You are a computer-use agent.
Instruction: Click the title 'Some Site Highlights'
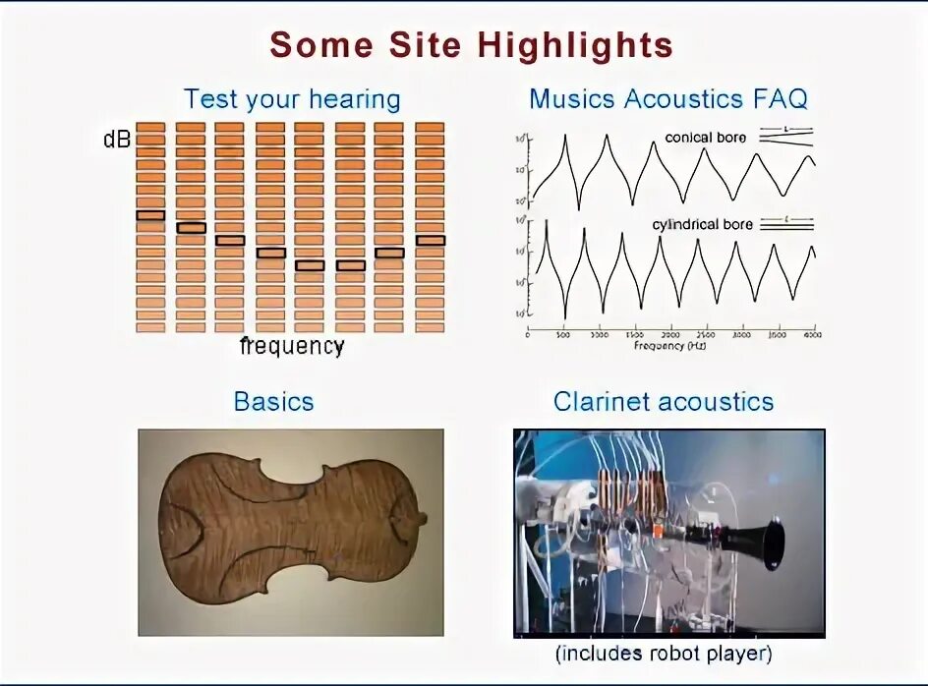click(471, 45)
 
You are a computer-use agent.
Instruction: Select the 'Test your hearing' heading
click(292, 99)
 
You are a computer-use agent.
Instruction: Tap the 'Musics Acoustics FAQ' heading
click(667, 99)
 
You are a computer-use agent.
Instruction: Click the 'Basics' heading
click(273, 402)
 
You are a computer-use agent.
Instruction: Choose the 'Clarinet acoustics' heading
click(663, 402)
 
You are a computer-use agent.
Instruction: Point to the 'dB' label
click(116, 140)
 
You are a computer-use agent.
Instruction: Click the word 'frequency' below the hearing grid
click(292, 346)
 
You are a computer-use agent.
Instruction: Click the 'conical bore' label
click(705, 138)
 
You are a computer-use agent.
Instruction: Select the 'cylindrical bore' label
click(702, 225)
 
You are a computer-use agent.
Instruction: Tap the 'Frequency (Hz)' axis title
click(670, 346)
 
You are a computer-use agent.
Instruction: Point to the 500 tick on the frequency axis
click(563, 334)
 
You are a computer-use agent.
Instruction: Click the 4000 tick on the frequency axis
click(813, 334)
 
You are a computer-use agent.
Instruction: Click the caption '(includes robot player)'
click(664, 653)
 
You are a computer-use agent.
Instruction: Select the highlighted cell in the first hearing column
click(150, 214)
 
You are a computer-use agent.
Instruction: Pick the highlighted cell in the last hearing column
click(430, 240)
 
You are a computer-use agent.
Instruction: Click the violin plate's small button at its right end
click(422, 518)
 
